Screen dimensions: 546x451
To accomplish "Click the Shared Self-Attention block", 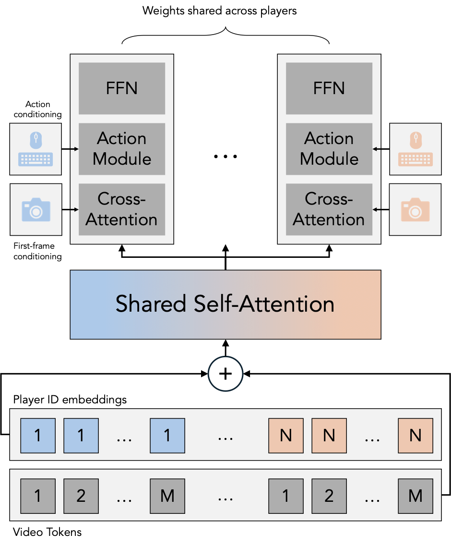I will [x=225, y=304].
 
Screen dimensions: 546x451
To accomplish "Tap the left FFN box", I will [x=122, y=88].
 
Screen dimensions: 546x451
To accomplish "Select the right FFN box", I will [x=329, y=88].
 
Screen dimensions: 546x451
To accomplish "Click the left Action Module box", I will [x=122, y=149].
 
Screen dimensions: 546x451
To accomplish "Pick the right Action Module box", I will [x=329, y=149].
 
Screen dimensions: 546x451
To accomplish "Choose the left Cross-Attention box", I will [x=122, y=209].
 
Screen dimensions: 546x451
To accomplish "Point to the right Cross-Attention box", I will [x=329, y=209].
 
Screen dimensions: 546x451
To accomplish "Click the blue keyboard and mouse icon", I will [x=36, y=149].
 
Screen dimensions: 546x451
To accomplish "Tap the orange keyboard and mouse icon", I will [x=415, y=149].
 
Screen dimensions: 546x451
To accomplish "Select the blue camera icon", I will [x=36, y=209].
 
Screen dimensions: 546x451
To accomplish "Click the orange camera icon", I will [x=415, y=209].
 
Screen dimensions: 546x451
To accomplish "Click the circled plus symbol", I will [x=225, y=374].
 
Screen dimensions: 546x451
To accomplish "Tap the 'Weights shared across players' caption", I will [x=220, y=11].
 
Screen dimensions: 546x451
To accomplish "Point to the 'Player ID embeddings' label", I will [x=70, y=400].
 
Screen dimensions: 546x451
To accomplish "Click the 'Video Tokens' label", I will [x=47, y=532].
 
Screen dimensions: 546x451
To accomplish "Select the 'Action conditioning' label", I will [x=37, y=109].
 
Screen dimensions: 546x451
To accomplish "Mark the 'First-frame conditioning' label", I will [x=37, y=251].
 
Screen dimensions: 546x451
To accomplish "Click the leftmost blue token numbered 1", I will [x=38, y=435].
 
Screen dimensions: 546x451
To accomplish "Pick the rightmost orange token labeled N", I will [x=415, y=435].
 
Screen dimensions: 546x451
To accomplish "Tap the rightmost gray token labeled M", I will [x=415, y=496].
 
